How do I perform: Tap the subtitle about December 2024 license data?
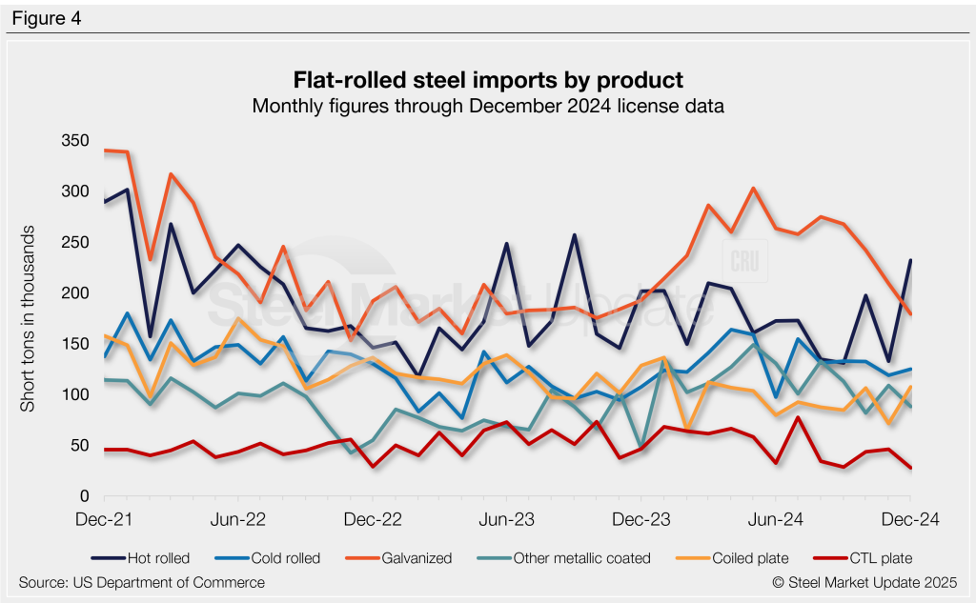[488, 107]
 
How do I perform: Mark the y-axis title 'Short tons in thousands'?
[29, 319]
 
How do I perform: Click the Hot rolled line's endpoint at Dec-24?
[910, 260]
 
